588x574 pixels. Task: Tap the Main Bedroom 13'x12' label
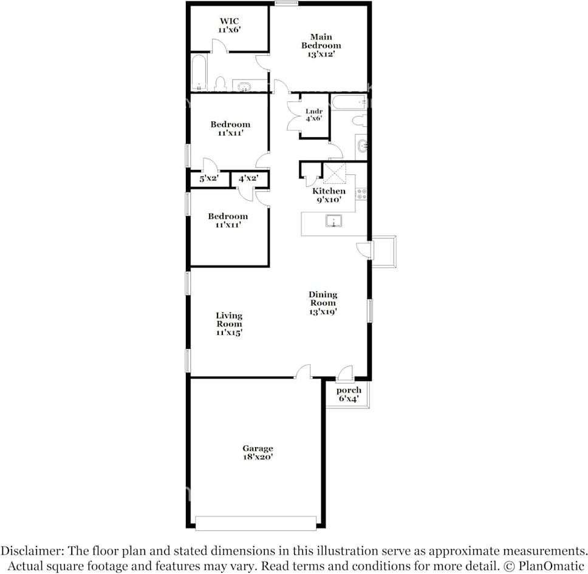321,46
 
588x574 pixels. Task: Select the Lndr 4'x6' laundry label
314,115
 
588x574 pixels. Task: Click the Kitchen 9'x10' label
329,195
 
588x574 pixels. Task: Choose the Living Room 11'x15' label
229,323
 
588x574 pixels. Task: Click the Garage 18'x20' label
258,453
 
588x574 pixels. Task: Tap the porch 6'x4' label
349,394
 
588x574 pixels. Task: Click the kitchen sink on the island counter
333,220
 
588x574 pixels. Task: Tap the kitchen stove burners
361,194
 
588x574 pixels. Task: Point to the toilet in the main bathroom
220,84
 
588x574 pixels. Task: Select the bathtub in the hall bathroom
349,101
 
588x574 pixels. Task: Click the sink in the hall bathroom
362,145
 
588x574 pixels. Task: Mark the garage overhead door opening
256,522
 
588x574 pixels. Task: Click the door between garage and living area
303,372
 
